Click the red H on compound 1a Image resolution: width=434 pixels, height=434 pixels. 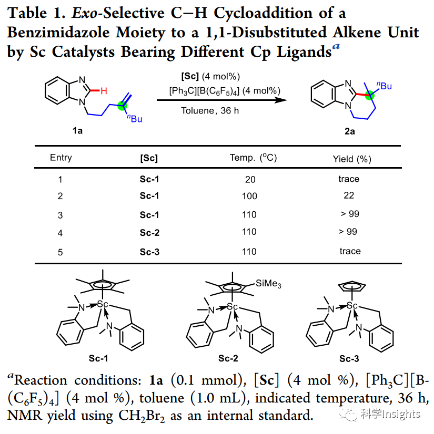click(x=105, y=90)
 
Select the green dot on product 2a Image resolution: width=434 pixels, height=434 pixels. click(x=370, y=96)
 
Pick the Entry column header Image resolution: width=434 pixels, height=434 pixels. click(x=61, y=158)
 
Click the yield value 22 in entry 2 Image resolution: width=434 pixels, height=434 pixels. click(x=349, y=195)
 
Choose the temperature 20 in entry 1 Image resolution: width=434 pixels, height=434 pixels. click(x=250, y=180)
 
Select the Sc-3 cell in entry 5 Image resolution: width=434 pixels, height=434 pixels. click(x=149, y=252)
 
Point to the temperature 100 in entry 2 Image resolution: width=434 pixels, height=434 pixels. click(x=250, y=196)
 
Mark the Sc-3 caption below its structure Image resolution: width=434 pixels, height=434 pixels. click(x=349, y=359)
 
